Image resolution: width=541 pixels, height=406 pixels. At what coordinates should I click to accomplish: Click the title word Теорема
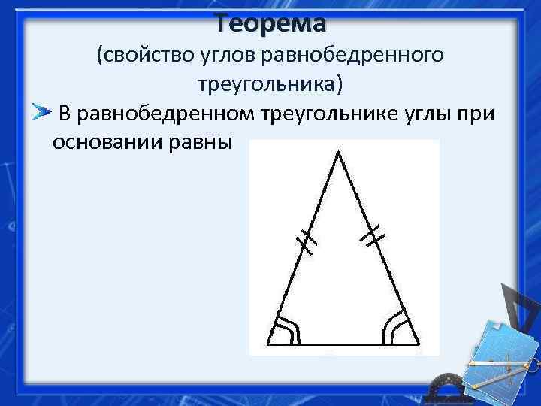point(270,23)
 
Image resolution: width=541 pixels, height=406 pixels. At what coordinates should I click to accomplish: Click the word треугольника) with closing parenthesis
point(270,83)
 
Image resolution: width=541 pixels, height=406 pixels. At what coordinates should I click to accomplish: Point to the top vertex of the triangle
point(338,152)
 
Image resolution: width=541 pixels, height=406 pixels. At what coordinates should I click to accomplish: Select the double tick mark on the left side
point(307,241)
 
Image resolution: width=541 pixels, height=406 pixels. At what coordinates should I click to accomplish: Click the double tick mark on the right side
point(372,238)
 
